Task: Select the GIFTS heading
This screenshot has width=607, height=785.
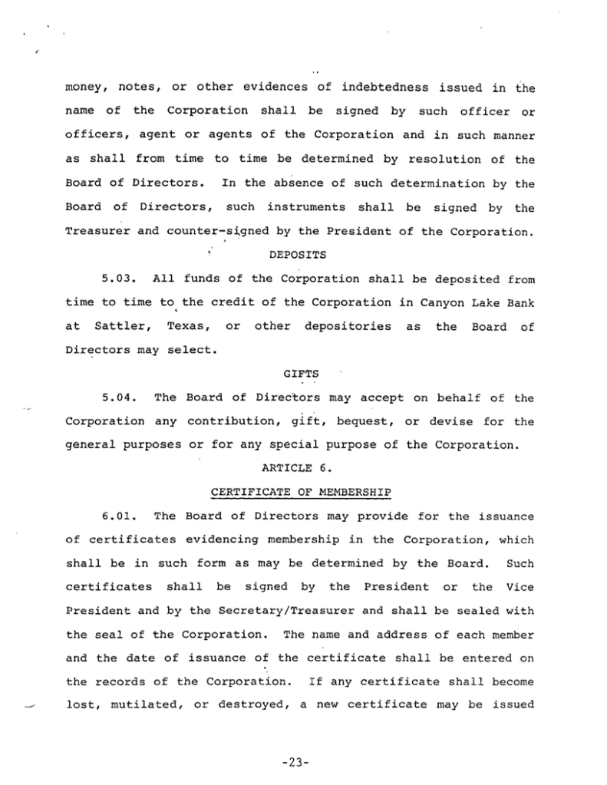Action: tap(301, 374)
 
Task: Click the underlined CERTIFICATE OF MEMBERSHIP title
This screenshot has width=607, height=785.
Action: tap(301, 492)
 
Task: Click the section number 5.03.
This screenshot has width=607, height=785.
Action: tap(118, 279)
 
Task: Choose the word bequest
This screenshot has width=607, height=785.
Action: tap(367, 421)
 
